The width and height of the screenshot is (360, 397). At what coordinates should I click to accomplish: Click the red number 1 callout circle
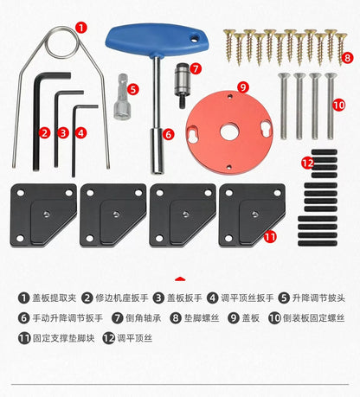[80, 27]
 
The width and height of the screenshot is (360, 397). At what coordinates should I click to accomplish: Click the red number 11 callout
[269, 235]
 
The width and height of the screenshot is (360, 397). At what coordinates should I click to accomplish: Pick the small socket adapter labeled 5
[119, 105]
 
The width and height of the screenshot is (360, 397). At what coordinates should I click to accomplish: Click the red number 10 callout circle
[338, 104]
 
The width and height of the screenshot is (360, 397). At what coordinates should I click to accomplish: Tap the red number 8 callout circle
[348, 58]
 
